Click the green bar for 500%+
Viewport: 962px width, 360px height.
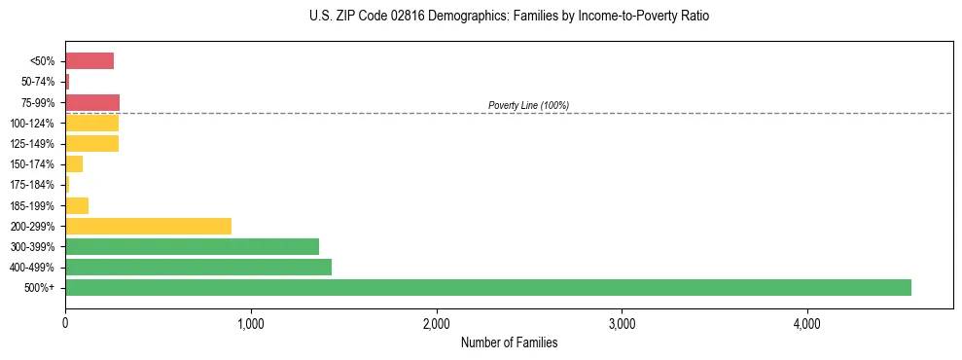click(487, 287)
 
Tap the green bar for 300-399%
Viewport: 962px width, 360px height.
click(192, 246)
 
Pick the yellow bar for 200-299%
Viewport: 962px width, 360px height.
click(148, 226)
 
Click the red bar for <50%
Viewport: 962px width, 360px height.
click(89, 61)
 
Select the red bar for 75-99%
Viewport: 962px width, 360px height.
click(92, 102)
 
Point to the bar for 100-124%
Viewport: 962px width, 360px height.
click(91, 123)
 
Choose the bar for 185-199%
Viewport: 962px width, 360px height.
click(77, 205)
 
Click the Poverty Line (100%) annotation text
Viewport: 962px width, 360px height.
click(528, 105)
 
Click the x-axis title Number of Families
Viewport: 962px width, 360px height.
click(509, 342)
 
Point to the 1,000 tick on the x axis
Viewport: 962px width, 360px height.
click(251, 322)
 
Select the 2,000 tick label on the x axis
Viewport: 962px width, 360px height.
click(437, 322)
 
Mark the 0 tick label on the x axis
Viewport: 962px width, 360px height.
click(65, 322)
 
